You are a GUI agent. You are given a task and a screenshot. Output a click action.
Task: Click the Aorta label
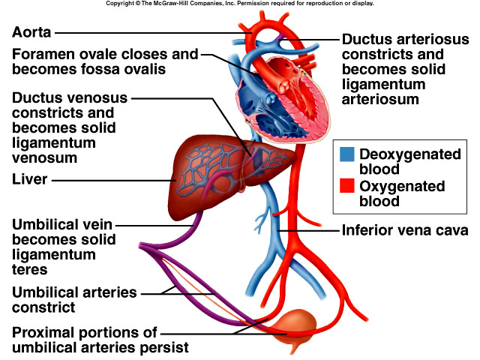tap(31, 32)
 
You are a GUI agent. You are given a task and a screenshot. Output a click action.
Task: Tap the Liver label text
tap(31, 180)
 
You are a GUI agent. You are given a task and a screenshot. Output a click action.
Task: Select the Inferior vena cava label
tap(405, 231)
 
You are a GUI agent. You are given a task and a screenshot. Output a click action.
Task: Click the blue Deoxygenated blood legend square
tap(347, 154)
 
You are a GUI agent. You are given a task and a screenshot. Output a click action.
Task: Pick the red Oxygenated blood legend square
tap(347, 186)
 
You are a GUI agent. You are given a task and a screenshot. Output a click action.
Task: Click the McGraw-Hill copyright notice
tap(240, 4)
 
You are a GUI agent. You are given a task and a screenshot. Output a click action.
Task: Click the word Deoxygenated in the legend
tap(410, 154)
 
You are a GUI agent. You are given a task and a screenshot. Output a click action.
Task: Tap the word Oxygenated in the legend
tap(403, 186)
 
